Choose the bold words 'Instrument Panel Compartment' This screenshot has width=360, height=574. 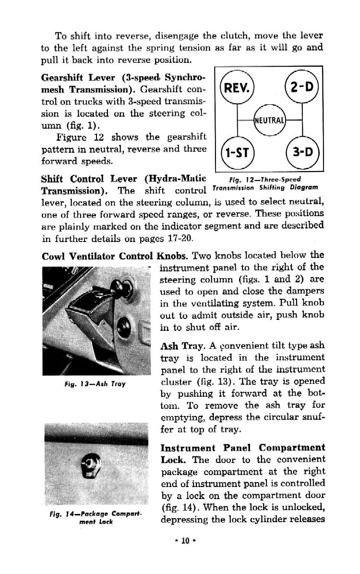pyautogui.click(x=242, y=448)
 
